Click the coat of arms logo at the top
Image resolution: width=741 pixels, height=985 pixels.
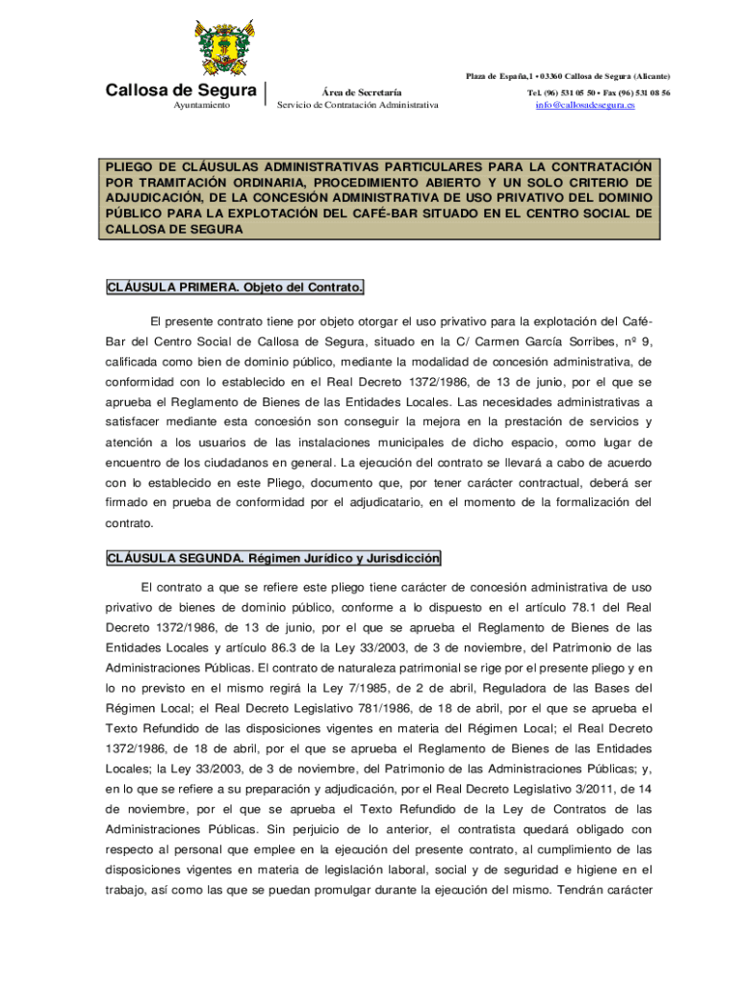pos(227,50)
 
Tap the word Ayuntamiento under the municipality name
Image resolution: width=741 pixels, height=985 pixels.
pos(201,105)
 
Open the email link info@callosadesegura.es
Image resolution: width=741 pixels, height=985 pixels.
pos(585,105)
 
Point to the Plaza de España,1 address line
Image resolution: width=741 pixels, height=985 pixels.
pos(568,76)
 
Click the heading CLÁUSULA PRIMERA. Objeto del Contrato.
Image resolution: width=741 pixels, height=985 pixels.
pos(235,288)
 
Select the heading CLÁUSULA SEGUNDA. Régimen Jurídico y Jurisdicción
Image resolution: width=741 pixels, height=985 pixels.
pos(273,558)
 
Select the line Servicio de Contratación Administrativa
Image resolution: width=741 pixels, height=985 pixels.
pos(357,105)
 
